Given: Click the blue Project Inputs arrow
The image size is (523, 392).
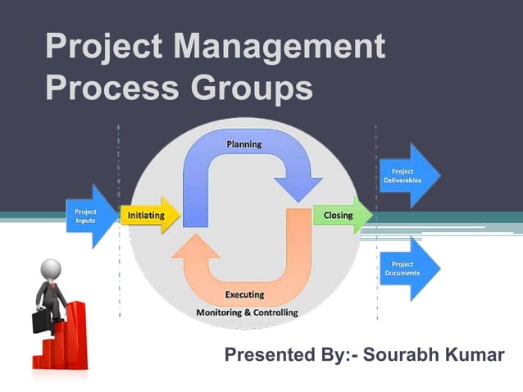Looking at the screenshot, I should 91,217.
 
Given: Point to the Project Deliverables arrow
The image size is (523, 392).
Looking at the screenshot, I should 409,175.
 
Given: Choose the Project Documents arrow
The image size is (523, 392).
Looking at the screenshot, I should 409,268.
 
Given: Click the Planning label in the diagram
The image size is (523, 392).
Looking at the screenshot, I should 243,144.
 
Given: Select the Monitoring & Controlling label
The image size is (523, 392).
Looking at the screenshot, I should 247,312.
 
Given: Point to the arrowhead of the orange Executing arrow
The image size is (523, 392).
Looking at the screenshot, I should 196,247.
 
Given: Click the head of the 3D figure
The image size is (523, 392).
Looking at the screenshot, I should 51,269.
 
